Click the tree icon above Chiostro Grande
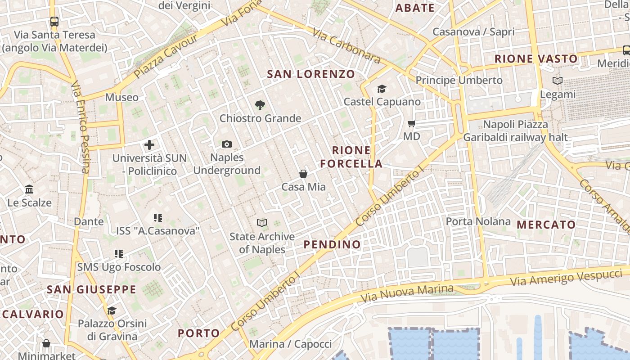tap(260, 105)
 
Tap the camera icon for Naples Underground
tap(227, 144)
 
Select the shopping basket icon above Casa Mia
tap(303, 173)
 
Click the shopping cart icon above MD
tap(411, 123)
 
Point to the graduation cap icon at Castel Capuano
tap(382, 89)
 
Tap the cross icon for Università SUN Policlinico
tap(149, 145)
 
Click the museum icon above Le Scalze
tap(30, 189)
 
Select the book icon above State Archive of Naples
tap(262, 223)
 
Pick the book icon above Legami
tap(558, 81)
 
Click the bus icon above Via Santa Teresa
tap(54, 21)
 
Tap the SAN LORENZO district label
tap(311, 74)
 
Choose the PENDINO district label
tap(332, 244)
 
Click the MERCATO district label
tap(546, 225)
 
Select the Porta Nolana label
tap(478, 221)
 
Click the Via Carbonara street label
tap(346, 46)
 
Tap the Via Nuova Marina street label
tap(407, 293)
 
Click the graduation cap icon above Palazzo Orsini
tap(112, 310)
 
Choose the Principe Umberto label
tap(459, 80)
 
